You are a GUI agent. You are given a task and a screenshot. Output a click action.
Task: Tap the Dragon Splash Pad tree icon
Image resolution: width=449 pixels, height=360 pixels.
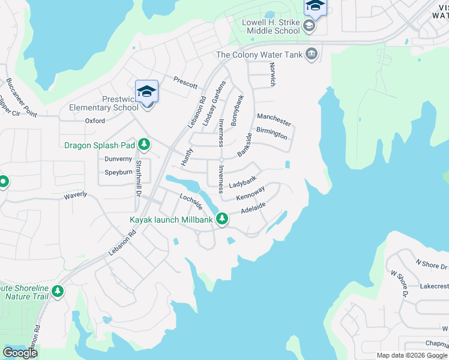pos(143,145)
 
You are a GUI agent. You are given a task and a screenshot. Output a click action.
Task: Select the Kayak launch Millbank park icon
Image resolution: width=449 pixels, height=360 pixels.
pos(222,219)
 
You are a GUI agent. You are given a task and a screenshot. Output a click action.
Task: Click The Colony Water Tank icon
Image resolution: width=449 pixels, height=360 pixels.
pos(311,55)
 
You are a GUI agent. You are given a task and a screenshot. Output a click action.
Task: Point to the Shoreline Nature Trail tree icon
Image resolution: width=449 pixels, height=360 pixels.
pos(58,291)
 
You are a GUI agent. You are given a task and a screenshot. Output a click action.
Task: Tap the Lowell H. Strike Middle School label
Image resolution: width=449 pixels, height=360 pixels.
pos(270,26)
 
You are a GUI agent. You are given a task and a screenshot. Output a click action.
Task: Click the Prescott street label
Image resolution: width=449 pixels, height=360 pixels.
pos(185,85)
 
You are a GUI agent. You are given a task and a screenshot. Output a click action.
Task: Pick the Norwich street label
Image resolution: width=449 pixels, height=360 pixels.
pos(272,74)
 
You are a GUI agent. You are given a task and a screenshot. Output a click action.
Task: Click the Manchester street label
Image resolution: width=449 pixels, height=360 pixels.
pos(274,119)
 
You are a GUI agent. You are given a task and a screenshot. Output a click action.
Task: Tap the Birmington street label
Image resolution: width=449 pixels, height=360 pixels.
pos(271,133)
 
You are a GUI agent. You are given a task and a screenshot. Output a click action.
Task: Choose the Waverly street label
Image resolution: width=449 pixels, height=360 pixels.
pos(76,194)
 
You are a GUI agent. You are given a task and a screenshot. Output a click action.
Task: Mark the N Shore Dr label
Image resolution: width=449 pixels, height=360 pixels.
pos(432,265)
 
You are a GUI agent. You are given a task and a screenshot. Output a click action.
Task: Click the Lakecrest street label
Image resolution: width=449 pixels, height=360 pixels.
pos(434,286)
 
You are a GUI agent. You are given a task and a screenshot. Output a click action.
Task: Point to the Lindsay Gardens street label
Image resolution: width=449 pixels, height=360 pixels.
pos(214,103)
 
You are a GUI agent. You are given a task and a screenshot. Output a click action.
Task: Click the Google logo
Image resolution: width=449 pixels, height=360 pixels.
pos(20,353)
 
